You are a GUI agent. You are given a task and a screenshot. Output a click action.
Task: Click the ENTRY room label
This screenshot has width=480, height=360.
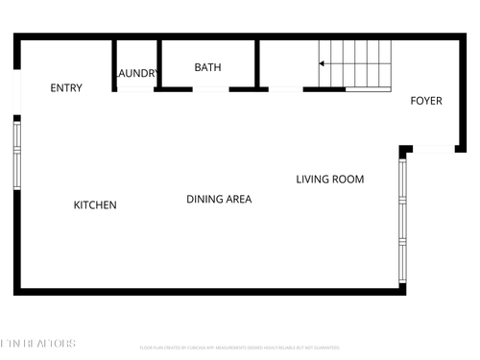[x=66, y=88]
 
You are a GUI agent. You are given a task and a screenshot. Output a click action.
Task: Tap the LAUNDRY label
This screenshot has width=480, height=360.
[x=135, y=73]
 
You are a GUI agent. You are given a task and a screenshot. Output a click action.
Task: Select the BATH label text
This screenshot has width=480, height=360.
[x=207, y=67]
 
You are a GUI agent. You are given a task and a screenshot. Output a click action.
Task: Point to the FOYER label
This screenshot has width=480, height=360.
[x=426, y=101]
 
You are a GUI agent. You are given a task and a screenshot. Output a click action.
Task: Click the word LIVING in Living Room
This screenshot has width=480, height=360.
[x=313, y=180]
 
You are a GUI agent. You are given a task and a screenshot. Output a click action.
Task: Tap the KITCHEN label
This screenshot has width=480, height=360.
[x=95, y=205]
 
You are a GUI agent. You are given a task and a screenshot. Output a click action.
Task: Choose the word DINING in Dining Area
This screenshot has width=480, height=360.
[x=205, y=200]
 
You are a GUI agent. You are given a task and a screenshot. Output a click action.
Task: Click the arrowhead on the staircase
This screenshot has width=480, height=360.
[x=322, y=64]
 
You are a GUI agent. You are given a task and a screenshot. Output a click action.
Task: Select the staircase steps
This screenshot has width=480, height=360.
[x=357, y=63]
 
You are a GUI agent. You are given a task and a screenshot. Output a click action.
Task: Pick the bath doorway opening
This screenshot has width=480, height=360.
[x=209, y=89]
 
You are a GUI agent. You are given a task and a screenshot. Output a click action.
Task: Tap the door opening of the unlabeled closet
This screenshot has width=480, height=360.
[x=285, y=89]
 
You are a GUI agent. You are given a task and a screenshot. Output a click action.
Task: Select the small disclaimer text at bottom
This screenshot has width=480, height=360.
[x=239, y=347]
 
